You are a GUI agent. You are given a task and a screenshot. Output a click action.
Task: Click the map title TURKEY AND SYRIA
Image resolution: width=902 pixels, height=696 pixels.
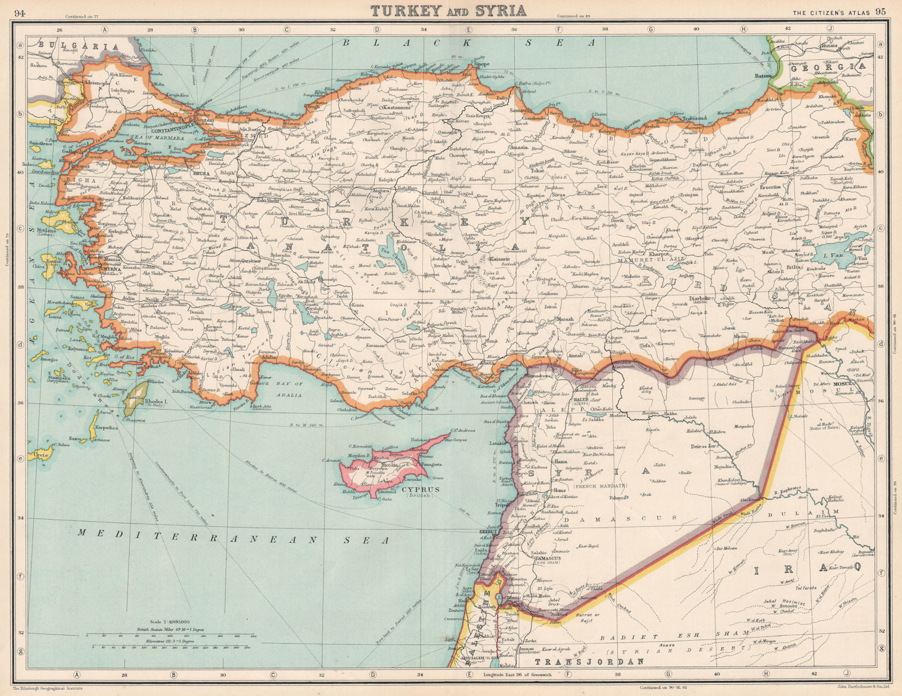[x=449, y=10]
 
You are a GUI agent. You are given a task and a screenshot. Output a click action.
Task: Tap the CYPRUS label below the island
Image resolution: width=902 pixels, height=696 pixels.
[x=421, y=489]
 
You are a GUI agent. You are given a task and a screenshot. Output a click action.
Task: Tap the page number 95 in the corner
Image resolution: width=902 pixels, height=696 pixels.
[x=881, y=12]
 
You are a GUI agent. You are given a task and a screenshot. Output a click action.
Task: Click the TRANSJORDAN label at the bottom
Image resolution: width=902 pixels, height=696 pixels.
[x=589, y=662]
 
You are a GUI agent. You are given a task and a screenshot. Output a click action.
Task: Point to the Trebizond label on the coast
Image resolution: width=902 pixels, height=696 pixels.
[x=695, y=118]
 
